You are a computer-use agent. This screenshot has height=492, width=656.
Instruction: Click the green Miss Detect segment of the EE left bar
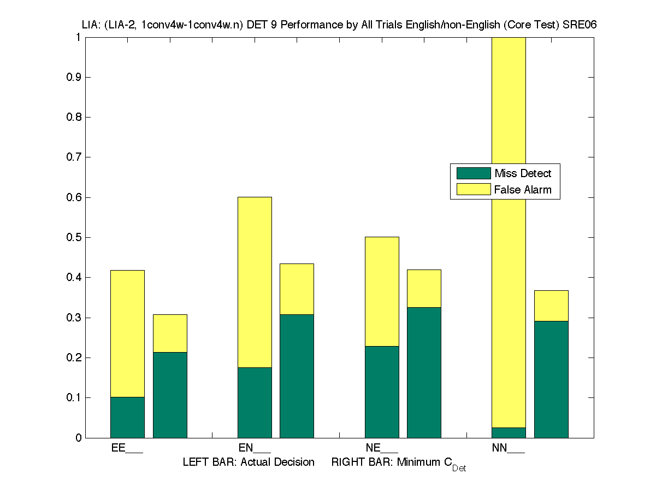(127, 417)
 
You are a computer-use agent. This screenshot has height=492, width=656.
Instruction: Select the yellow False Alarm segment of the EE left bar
(127, 333)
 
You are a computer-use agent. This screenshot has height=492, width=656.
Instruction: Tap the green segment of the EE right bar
(170, 395)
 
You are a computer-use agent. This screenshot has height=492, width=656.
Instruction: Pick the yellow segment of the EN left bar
(255, 282)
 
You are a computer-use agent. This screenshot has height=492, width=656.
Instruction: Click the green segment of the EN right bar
(297, 376)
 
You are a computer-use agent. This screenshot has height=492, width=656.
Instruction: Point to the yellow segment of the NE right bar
(424, 288)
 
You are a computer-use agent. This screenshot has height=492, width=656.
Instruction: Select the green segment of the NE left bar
(382, 391)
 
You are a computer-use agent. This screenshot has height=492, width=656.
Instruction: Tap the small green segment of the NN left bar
(509, 432)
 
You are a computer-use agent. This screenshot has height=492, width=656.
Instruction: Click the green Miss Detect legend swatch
(474, 173)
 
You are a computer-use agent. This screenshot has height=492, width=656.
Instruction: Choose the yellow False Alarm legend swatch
(474, 190)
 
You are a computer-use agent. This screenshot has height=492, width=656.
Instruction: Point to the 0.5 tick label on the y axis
(74, 237)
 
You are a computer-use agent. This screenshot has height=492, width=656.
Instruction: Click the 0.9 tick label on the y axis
(74, 77)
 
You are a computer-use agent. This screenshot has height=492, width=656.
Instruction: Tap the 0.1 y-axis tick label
(74, 397)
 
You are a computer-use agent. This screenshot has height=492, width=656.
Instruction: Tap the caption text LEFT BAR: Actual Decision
(249, 462)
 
